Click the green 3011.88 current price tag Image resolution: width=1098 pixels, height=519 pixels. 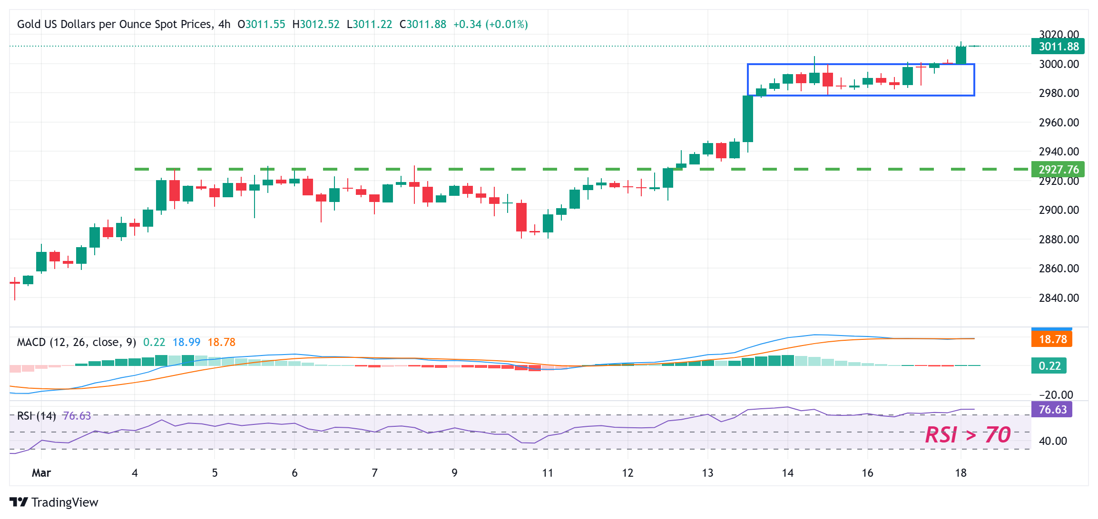coord(1058,47)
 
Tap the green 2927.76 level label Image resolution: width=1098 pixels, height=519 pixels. coord(1058,170)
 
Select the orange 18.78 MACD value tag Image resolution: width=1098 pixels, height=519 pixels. coord(1052,339)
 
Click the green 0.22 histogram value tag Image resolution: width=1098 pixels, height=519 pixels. coord(1049,366)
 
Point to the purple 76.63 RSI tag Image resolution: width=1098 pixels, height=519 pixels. coord(1052,410)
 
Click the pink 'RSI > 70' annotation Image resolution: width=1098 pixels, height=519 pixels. coord(968,435)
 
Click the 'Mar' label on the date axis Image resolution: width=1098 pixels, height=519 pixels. coord(41,473)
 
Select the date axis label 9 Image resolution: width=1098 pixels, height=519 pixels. coord(454,473)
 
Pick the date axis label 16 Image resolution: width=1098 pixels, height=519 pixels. coord(867,473)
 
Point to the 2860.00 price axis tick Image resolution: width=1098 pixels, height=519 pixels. coord(1059,269)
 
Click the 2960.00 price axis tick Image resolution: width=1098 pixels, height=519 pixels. coord(1059,123)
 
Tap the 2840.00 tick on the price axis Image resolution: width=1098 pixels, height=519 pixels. coord(1059,298)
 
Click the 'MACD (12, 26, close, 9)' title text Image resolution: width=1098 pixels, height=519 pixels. coord(77,342)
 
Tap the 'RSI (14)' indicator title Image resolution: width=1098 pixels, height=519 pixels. coord(37,416)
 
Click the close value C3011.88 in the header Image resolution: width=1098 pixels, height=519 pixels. coord(423,24)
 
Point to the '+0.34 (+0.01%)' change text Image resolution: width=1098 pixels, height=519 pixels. coord(490,24)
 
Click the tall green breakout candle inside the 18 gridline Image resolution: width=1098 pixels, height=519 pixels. coord(961,55)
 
